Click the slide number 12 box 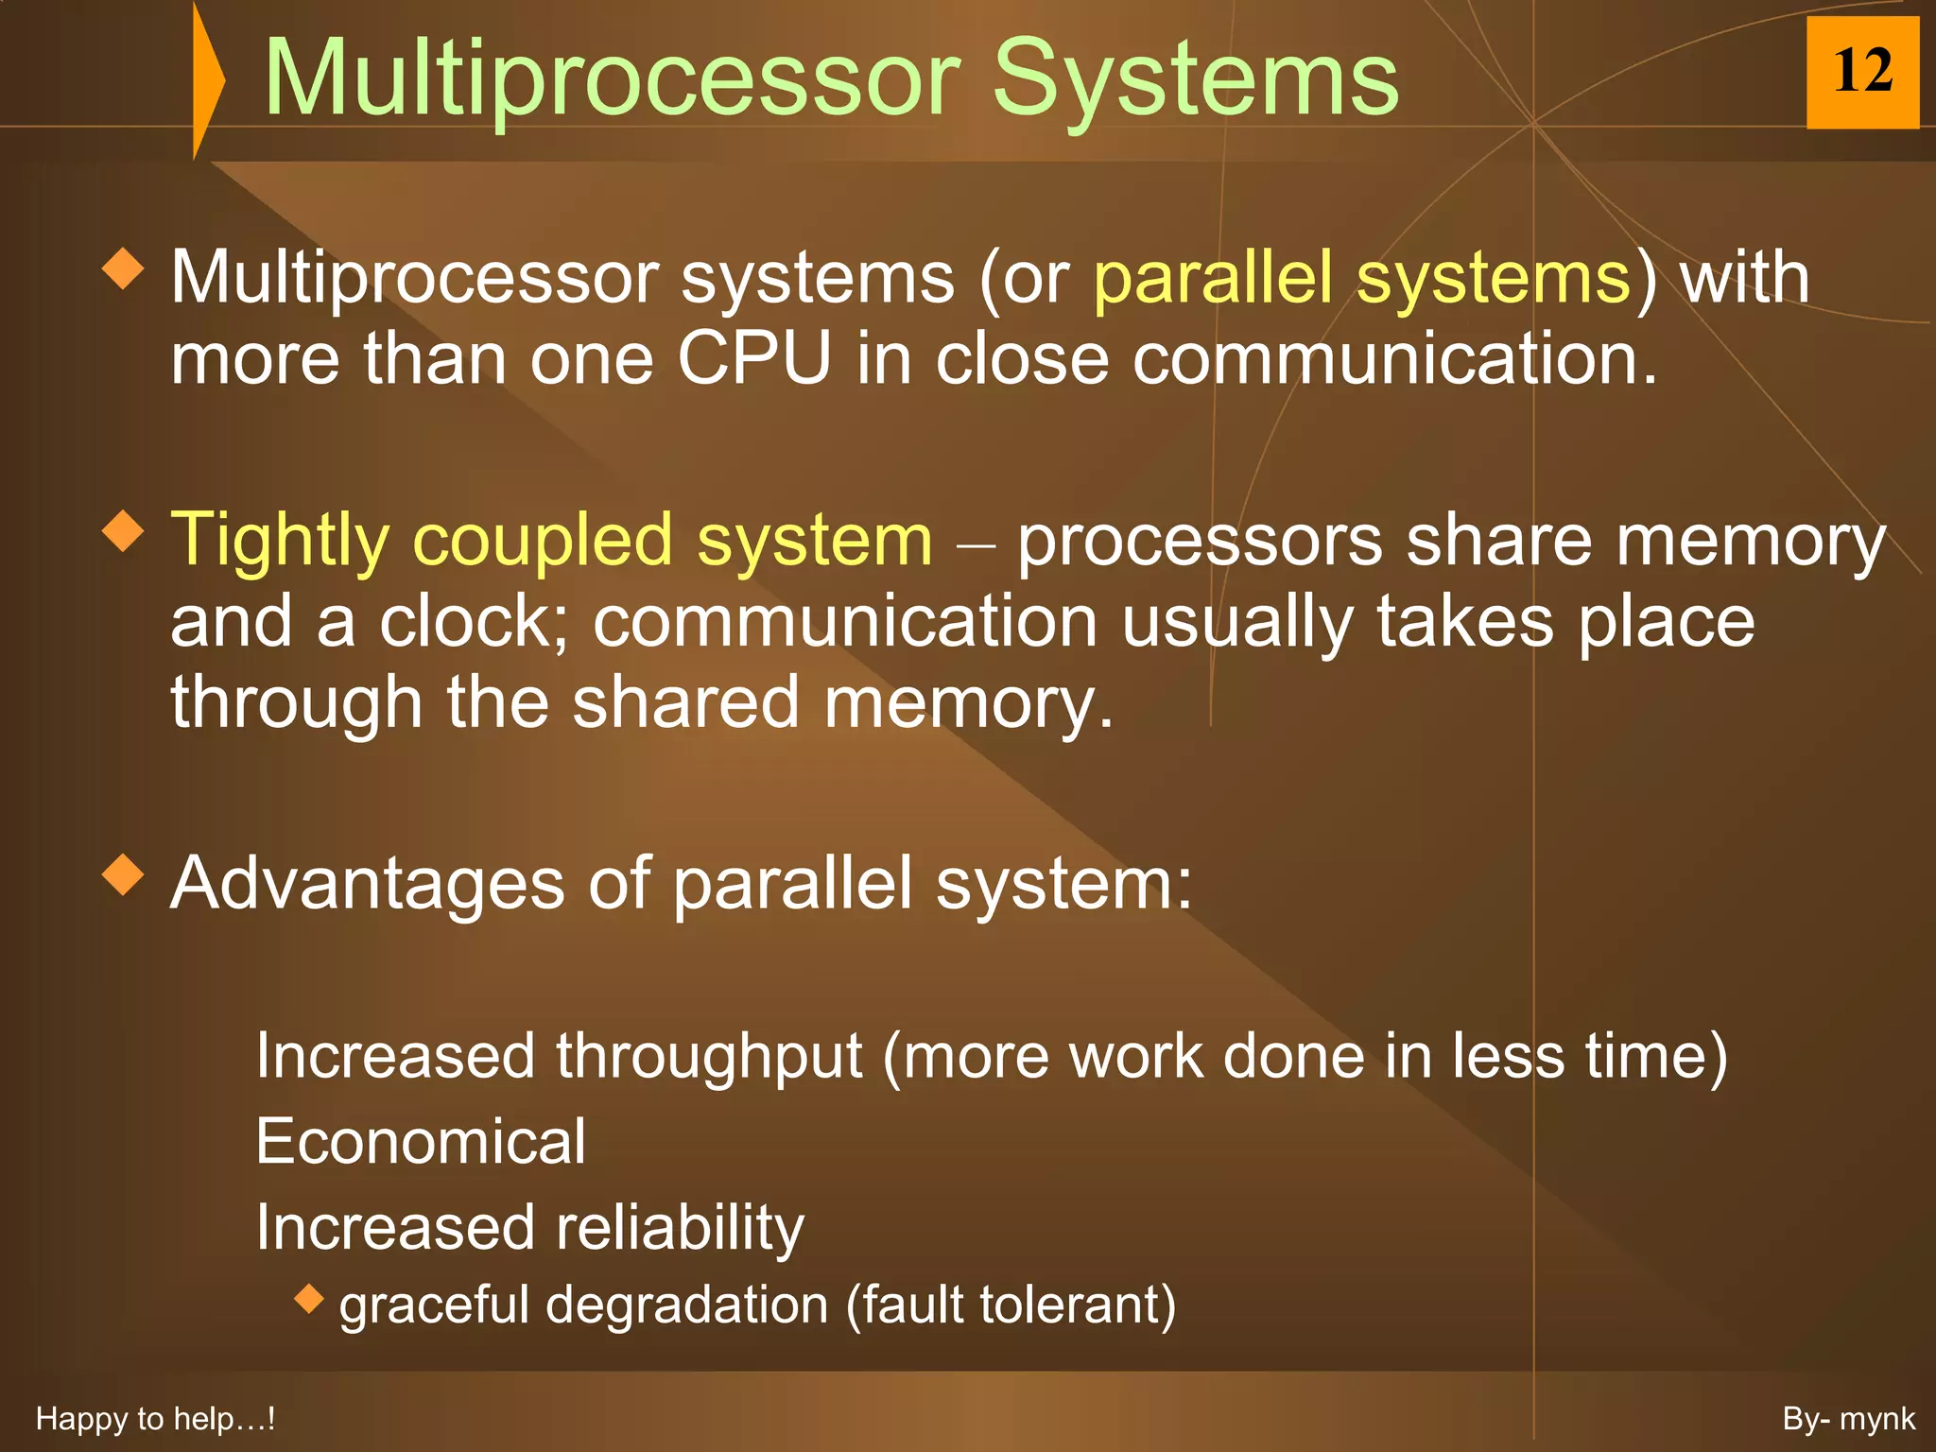pyautogui.click(x=1861, y=72)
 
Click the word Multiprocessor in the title pyautogui.click(x=611, y=79)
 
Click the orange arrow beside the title pyautogui.click(x=207, y=79)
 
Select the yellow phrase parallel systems pyautogui.click(x=1361, y=278)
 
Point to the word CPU pyautogui.click(x=753, y=359)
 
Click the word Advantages pyautogui.click(x=367, y=883)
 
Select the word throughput pyautogui.click(x=709, y=1056)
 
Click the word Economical pyautogui.click(x=421, y=1141)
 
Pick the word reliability pyautogui.click(x=680, y=1227)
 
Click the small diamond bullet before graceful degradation pyautogui.click(x=308, y=1298)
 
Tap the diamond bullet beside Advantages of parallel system pyautogui.click(x=123, y=874)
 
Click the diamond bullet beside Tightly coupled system pyautogui.click(x=123, y=531)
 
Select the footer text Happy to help pyautogui.click(x=155, y=1419)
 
